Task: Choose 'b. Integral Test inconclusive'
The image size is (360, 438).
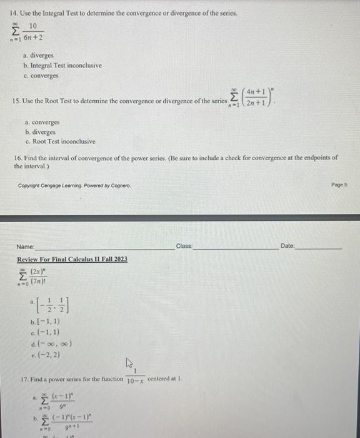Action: [x=62, y=65]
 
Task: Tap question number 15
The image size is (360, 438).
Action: [x=17, y=101]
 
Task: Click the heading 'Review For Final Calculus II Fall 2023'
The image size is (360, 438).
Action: [x=72, y=259]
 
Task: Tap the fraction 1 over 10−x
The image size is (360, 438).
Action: [x=136, y=377]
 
